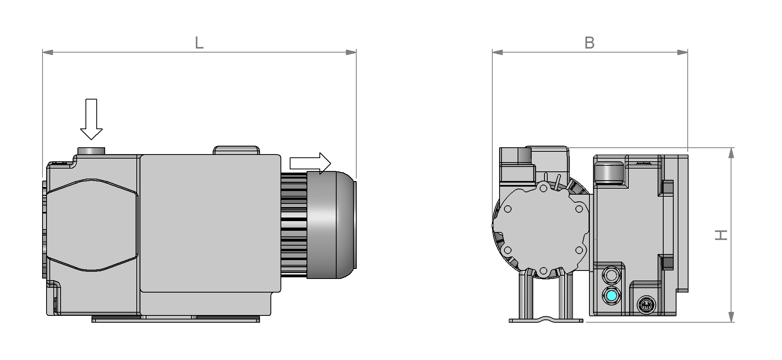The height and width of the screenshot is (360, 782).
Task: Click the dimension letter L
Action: (x=199, y=43)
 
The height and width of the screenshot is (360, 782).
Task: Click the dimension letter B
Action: (x=589, y=43)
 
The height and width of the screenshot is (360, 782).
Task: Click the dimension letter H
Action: (x=721, y=235)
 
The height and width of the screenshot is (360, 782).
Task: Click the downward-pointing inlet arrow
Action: (x=91, y=119)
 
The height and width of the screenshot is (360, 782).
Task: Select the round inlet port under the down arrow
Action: (x=91, y=151)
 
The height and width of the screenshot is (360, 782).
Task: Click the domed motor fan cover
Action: (x=331, y=225)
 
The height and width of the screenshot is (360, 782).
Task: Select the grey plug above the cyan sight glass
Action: (x=611, y=275)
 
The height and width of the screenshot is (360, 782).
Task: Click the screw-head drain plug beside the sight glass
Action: (x=645, y=305)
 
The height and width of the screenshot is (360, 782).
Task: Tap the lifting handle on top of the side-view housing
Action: (x=236, y=150)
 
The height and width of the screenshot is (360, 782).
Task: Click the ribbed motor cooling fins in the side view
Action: (x=294, y=225)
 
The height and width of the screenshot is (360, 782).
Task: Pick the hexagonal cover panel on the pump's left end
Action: (x=92, y=225)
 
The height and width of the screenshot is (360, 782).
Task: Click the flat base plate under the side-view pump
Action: (x=175, y=319)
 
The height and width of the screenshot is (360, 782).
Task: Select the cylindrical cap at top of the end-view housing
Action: (x=609, y=172)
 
